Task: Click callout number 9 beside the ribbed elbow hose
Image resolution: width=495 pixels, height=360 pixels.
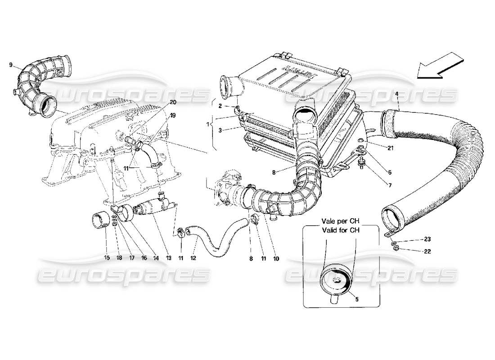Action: coord(10,65)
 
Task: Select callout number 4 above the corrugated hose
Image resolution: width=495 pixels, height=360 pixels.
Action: coord(396,94)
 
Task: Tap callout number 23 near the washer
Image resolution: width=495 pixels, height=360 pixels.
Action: coord(427,239)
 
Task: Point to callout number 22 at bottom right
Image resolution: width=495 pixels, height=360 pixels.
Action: coord(427,252)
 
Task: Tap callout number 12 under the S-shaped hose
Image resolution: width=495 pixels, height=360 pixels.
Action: coord(195,258)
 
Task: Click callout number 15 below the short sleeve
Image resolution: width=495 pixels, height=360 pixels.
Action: coord(107,258)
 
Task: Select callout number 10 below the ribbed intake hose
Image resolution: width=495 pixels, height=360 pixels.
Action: coord(275,258)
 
